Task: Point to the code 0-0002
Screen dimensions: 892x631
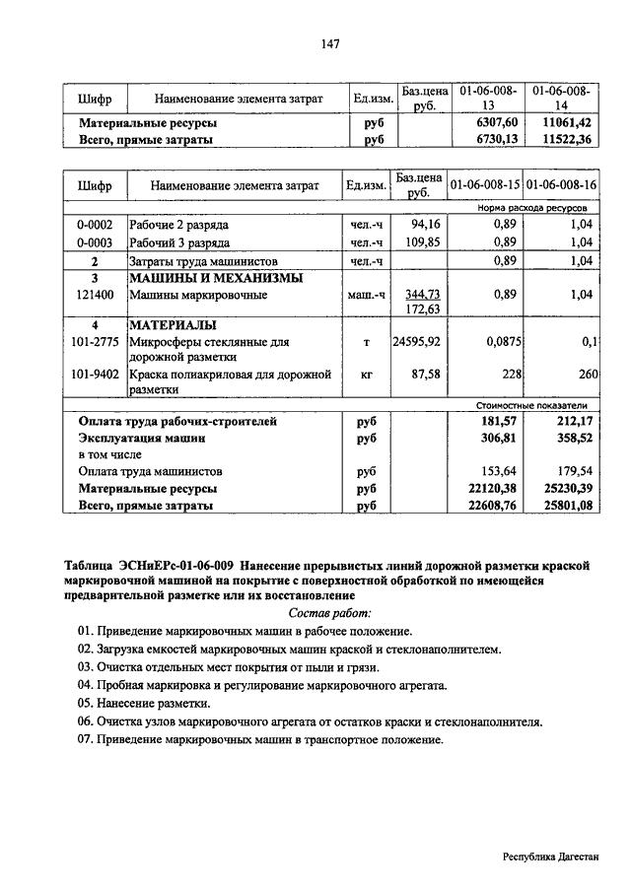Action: pyautogui.click(x=96, y=226)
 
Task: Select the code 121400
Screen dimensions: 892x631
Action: pyautogui.click(x=96, y=294)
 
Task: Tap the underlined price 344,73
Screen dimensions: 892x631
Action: pyautogui.click(x=421, y=294)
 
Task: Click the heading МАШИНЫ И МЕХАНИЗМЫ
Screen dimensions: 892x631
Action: pyautogui.click(x=202, y=278)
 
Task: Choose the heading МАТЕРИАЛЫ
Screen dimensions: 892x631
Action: pyautogui.click(x=173, y=324)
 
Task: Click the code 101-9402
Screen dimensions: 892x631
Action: pyautogui.click(x=96, y=375)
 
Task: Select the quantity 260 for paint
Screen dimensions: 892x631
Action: pyautogui.click(x=588, y=375)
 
